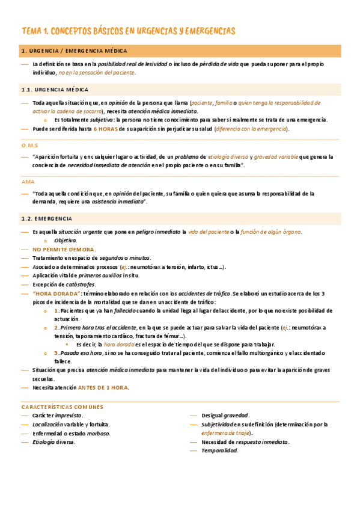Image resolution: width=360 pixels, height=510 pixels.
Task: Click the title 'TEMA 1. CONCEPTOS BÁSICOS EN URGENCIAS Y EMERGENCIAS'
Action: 128,31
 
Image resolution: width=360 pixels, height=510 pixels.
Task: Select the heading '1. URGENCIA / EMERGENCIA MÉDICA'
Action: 73,51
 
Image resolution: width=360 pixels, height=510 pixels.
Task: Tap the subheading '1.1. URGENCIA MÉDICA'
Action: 55,89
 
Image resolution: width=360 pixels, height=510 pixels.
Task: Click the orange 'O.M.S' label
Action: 30,145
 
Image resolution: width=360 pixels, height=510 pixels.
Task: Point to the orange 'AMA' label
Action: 28,181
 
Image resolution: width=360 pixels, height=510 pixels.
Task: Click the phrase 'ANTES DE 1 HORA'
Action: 103,387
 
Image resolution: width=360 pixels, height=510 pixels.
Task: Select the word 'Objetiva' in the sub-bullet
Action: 66,241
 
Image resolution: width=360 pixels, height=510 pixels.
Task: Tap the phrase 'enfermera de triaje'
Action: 227,433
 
